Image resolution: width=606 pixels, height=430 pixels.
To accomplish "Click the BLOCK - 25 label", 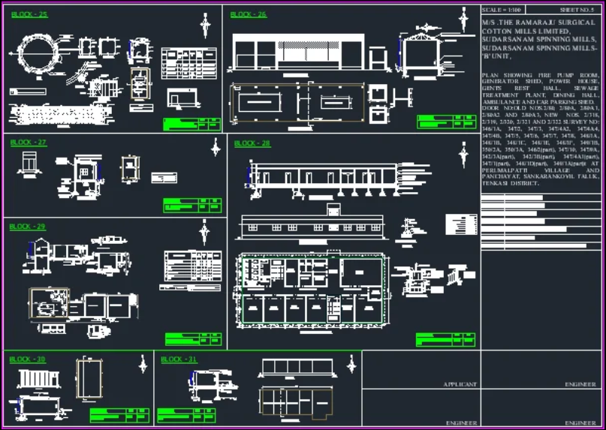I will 29,14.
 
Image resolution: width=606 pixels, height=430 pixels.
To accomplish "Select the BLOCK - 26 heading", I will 248,14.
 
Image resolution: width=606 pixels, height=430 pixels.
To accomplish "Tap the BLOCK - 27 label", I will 29,143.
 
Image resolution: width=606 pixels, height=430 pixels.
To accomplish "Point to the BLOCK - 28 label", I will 252,143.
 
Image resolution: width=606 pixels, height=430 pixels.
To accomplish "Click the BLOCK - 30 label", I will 27,359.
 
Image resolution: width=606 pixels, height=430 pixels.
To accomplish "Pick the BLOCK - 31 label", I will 179,359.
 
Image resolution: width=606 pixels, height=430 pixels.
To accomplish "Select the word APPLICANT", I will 460,384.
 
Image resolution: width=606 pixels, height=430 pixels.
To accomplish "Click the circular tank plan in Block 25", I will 36,54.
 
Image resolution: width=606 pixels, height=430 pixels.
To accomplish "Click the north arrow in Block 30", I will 143,365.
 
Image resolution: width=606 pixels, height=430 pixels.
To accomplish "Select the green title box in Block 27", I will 192,206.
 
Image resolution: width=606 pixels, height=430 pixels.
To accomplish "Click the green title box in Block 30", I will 119,415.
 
